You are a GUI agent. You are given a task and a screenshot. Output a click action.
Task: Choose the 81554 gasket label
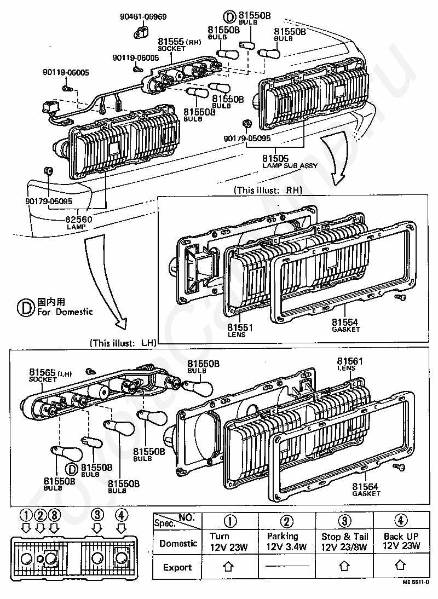pyautogui.click(x=346, y=322)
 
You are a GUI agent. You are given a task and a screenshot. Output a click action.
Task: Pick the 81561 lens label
pyautogui.click(x=349, y=361)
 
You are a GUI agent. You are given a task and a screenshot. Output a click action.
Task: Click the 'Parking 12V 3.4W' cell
pyautogui.click(x=286, y=541)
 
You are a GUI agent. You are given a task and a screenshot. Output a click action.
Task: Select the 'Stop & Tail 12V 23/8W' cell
pyautogui.click(x=345, y=541)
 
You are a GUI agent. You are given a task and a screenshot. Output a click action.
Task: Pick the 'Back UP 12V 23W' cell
pyautogui.click(x=401, y=541)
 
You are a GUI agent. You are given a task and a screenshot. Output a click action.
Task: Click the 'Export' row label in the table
pyautogui.click(x=177, y=568)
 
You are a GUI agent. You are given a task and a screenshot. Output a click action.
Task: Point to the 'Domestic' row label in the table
pyautogui.click(x=177, y=543)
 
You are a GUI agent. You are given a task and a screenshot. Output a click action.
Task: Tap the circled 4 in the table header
pyautogui.click(x=401, y=520)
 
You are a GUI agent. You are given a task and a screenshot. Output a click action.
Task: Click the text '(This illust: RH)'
pyautogui.click(x=267, y=191)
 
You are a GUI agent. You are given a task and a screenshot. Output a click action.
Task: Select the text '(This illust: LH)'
pyautogui.click(x=123, y=343)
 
